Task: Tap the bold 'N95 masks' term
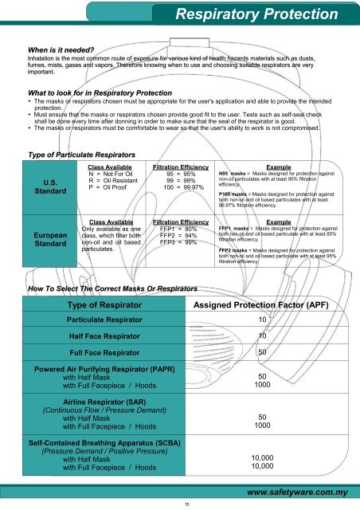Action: (234, 172)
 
